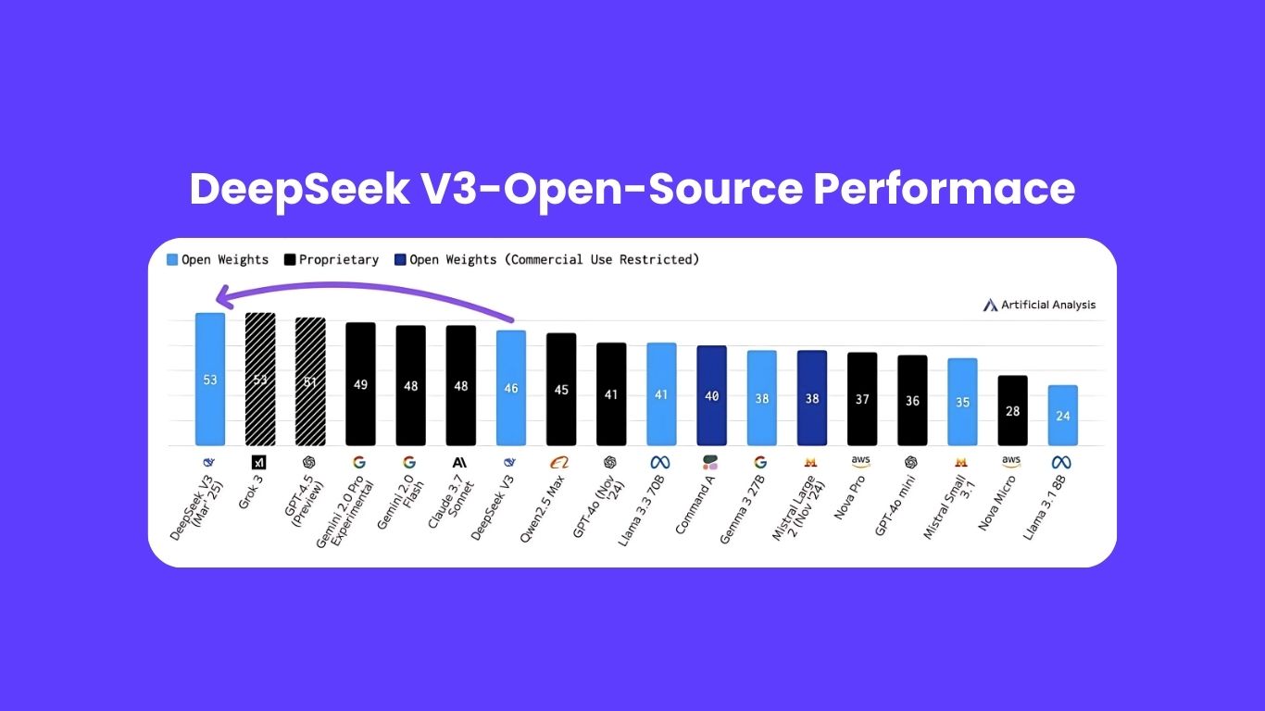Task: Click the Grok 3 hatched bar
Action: [x=260, y=379]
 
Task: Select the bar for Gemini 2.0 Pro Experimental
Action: [x=360, y=383]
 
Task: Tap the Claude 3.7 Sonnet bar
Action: [x=460, y=385]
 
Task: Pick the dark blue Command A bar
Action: [x=711, y=395]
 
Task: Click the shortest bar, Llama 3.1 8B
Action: [x=1062, y=415]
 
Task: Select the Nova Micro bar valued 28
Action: [x=1012, y=410]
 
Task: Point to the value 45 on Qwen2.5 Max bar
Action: [x=561, y=390]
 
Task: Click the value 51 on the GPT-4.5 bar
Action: [x=310, y=381]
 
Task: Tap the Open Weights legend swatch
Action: [x=172, y=260]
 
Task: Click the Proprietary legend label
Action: [x=338, y=260]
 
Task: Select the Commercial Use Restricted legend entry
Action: [x=554, y=260]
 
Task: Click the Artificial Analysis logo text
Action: [x=1047, y=305]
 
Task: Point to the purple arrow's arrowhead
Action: [x=219, y=296]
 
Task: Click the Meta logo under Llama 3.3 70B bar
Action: [x=659, y=462]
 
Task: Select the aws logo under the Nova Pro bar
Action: [x=860, y=461]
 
